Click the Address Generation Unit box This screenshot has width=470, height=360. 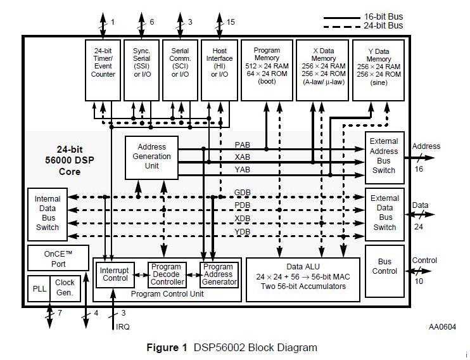tap(151, 157)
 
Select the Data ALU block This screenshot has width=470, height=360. tap(303, 280)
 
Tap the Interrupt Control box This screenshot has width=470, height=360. tap(115, 275)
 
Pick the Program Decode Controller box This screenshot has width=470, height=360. tap(167, 275)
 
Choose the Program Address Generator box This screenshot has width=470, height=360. tap(219, 275)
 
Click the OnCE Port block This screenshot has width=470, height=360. tap(58, 258)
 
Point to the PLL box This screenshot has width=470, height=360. tap(39, 288)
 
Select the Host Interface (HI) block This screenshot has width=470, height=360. tap(219, 70)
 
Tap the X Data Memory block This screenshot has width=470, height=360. tap(322, 70)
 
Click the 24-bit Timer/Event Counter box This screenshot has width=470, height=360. tap(103, 70)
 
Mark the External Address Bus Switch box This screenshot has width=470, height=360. tap(384, 157)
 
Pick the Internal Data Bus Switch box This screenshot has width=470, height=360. tap(48, 214)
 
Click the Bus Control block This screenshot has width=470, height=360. tap(384, 271)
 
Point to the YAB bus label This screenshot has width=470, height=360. tap(242, 170)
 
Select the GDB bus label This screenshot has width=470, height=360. tap(242, 192)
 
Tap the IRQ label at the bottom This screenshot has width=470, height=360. tap(123, 326)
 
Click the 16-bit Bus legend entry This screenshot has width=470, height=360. tap(364, 17)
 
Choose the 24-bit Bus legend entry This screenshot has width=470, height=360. tap(364, 26)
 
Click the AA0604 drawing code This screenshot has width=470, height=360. tap(442, 326)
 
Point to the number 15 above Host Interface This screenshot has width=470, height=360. tap(231, 22)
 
